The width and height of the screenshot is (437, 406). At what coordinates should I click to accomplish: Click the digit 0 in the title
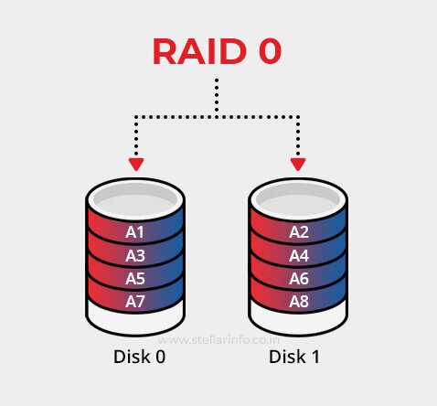266,52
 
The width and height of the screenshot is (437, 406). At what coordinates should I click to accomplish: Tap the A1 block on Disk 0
135,232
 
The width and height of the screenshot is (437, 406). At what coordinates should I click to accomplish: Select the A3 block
135,255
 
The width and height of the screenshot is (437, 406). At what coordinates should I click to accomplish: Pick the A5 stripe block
135,278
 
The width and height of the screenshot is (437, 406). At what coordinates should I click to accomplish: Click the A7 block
135,301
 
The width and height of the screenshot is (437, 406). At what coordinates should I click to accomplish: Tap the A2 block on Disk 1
299,232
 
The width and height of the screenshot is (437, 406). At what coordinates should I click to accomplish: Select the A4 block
299,255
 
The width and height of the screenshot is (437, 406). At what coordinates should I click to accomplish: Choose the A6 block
299,278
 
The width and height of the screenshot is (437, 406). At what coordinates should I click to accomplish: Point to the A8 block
299,301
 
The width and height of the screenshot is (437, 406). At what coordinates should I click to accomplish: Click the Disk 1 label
294,357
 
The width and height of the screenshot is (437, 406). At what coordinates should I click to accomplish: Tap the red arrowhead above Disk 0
136,165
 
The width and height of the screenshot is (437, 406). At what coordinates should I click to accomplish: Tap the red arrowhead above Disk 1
298,165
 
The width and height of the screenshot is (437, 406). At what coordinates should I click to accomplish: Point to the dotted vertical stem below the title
218,97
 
